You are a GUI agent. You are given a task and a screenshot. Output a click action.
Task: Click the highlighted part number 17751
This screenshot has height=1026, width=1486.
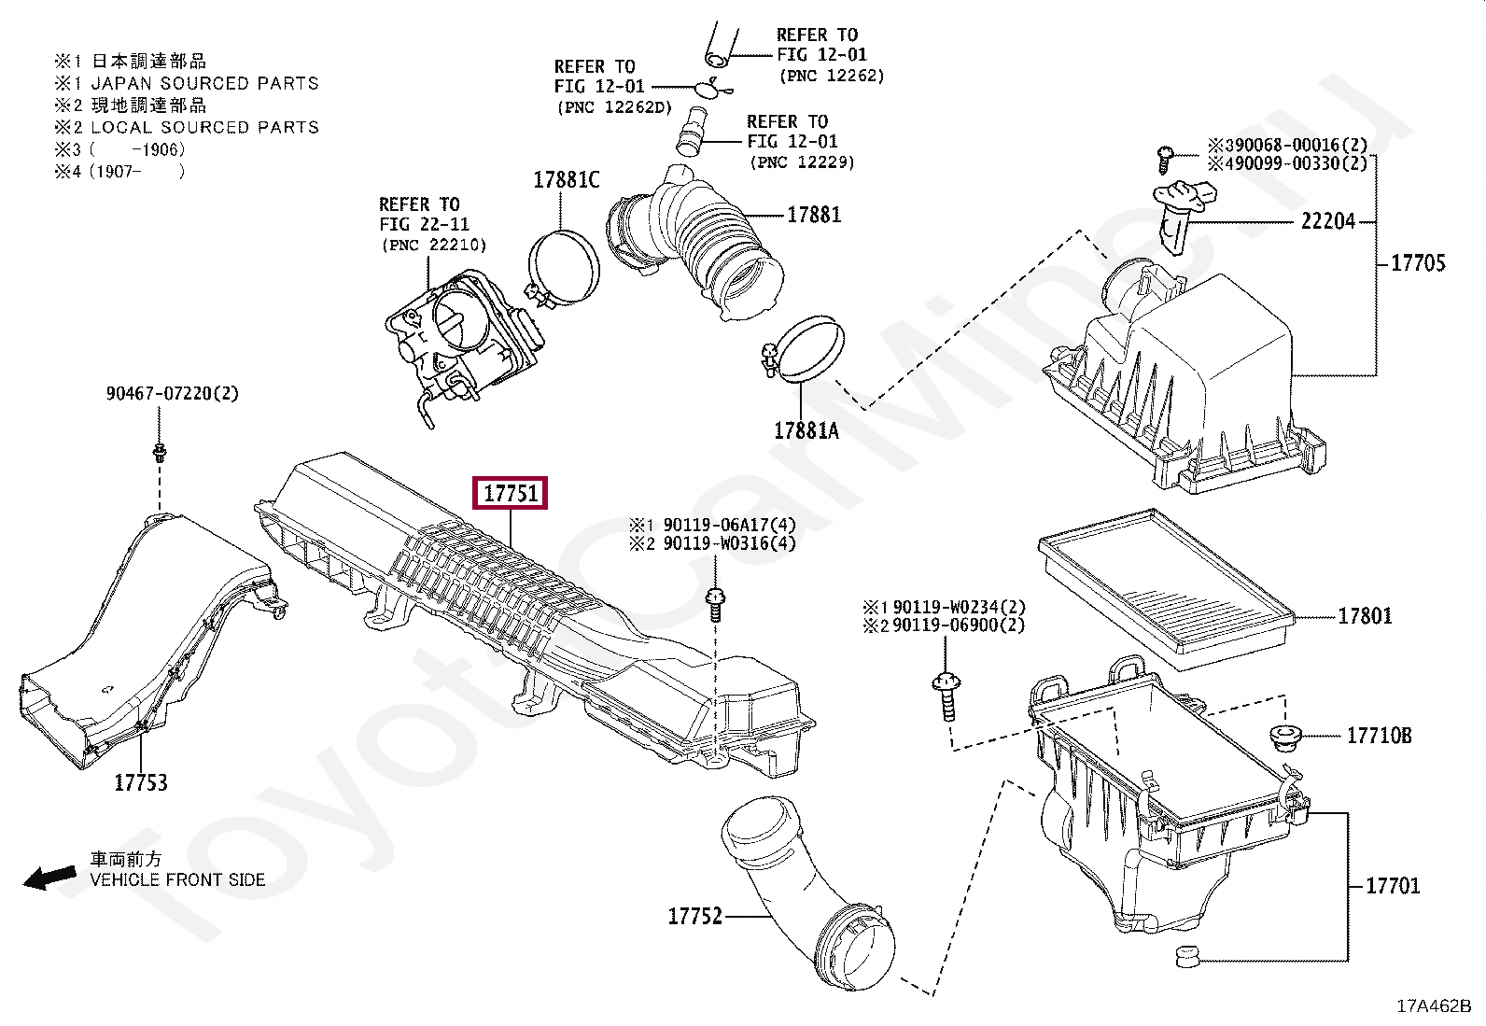pos(512,493)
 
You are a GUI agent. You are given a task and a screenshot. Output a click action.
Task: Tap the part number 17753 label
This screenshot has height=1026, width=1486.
pos(141,782)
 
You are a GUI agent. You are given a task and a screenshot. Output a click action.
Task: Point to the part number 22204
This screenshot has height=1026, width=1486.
pos(1328,222)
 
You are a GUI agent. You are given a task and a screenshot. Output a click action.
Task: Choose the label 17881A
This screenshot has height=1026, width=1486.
pos(806,430)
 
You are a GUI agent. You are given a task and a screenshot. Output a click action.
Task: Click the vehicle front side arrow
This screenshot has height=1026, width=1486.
pos(49,878)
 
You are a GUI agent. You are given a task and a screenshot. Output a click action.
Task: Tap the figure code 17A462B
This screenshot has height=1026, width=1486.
pos(1433,1006)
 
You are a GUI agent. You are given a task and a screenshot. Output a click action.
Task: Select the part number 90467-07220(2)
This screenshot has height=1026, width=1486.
pos(172,394)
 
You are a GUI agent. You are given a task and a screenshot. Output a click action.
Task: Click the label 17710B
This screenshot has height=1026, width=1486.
pos(1379,736)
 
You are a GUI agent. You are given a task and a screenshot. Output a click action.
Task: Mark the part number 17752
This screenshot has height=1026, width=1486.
pos(695,916)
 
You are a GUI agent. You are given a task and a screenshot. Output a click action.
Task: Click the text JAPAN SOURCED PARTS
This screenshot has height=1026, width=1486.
pos(204,83)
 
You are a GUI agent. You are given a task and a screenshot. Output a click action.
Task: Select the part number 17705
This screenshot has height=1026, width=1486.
pos(1418,263)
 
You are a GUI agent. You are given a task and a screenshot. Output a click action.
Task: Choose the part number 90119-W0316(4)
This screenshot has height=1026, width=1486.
pos(729,543)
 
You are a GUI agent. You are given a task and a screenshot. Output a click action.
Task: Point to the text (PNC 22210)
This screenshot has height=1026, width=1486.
pos(433,246)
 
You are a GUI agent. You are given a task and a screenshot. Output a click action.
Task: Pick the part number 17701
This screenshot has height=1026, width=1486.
pos(1392,885)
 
